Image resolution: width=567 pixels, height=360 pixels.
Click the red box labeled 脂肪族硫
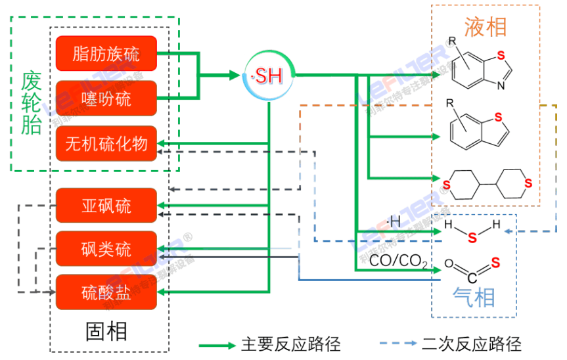pyautogui.click(x=106, y=54)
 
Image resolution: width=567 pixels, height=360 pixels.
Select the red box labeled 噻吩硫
pyautogui.click(x=106, y=99)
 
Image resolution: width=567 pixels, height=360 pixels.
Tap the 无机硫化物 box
pyautogui.click(x=106, y=143)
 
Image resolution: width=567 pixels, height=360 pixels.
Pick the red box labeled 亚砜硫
pyautogui.click(x=106, y=206)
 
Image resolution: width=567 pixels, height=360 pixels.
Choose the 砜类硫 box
pyautogui.click(x=106, y=249)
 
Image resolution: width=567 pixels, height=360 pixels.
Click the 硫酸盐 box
pyautogui.click(x=106, y=292)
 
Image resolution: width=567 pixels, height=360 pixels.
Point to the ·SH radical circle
pyautogui.click(x=269, y=76)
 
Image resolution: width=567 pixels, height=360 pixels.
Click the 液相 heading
pyautogui.click(x=486, y=27)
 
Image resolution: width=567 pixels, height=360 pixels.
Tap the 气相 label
pyautogui.click(x=474, y=298)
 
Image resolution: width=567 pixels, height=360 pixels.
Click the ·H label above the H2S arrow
pyautogui.click(x=394, y=222)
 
